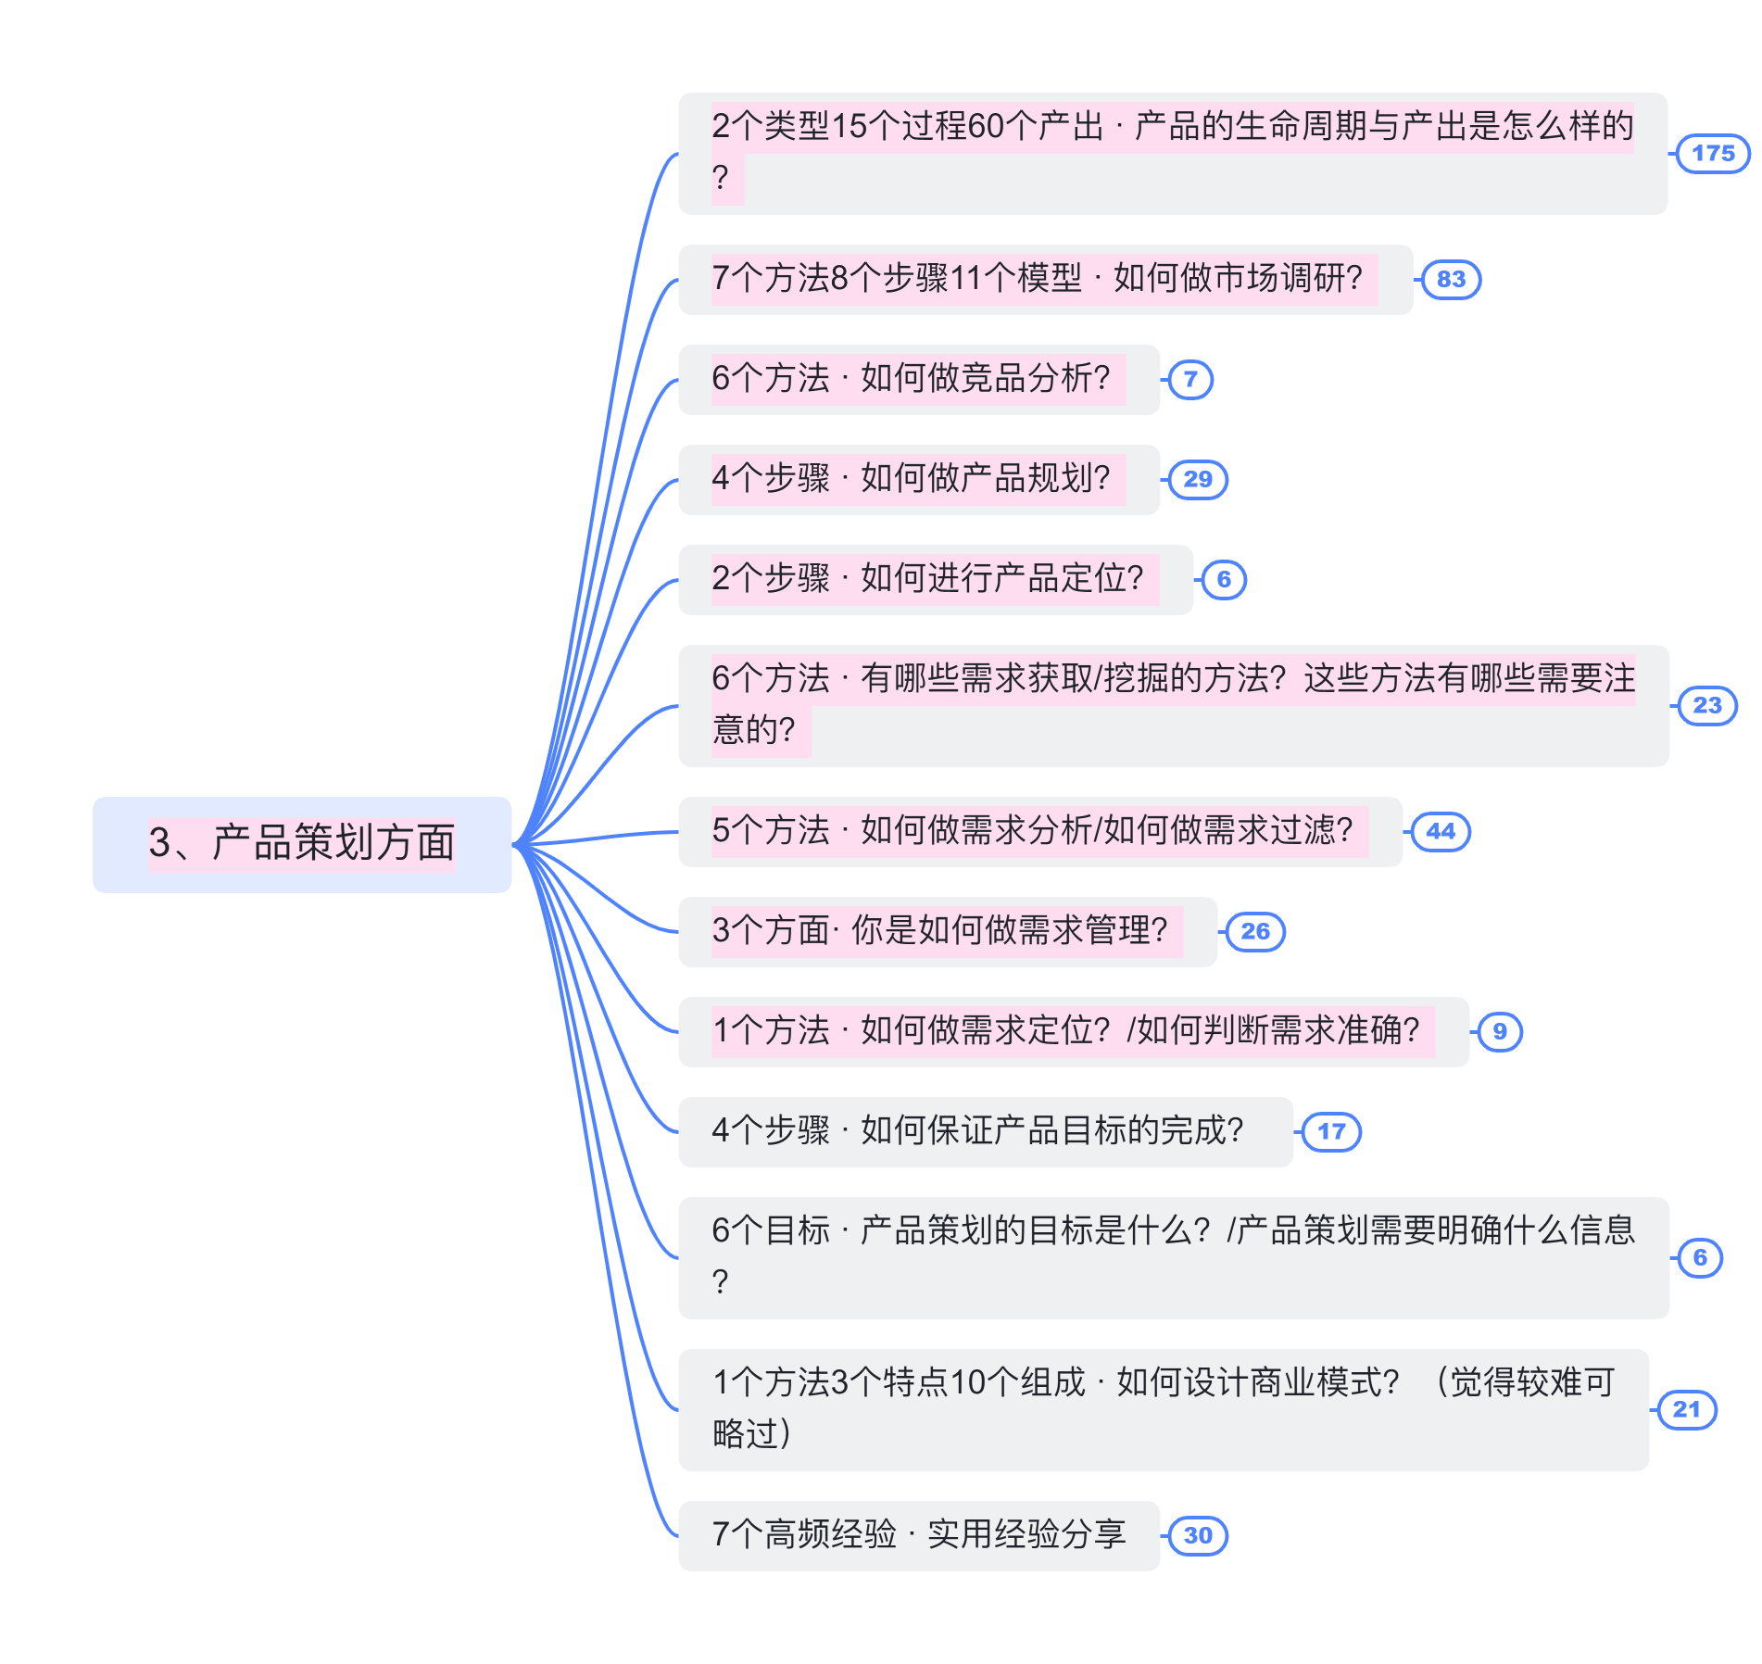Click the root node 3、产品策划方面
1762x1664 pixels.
[x=302, y=844]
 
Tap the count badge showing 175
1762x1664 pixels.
[x=1713, y=154]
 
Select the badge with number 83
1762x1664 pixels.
[x=1451, y=280]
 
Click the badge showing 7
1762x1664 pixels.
[x=1190, y=380]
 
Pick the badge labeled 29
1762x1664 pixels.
[x=1197, y=480]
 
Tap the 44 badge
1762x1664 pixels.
[x=1440, y=832]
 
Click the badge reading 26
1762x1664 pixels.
[x=1254, y=932]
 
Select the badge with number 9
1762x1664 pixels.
[x=1500, y=1032]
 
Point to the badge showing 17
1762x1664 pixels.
[x=1331, y=1132]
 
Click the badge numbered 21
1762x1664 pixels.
[x=1686, y=1410]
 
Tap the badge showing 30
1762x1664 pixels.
[x=1197, y=1536]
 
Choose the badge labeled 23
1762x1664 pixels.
[x=1706, y=706]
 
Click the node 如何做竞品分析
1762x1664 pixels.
[x=918, y=380]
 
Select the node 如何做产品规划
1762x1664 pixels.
[x=918, y=480]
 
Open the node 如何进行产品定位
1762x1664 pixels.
[x=935, y=580]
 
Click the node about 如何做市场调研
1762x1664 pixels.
[x=1044, y=280]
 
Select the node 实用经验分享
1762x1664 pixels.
[x=918, y=1536]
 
